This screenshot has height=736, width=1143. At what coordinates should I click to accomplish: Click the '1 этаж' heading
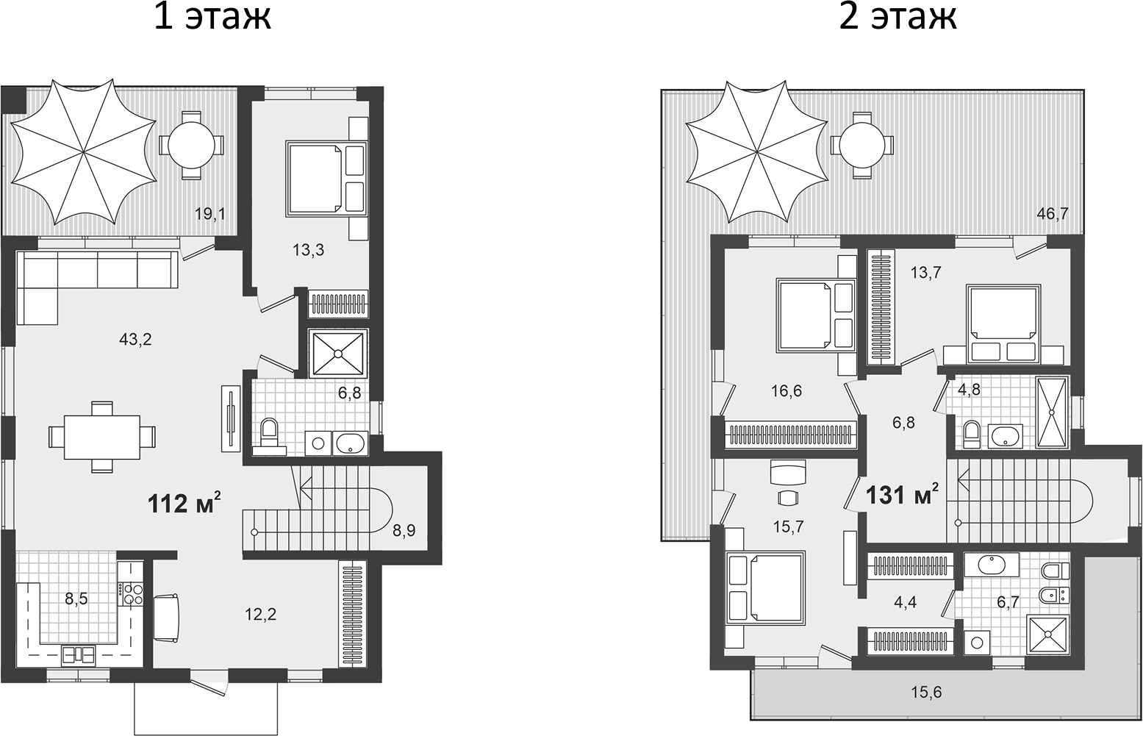point(212,18)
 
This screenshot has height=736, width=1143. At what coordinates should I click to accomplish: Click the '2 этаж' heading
point(898,18)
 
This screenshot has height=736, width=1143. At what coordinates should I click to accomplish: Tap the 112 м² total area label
point(184,503)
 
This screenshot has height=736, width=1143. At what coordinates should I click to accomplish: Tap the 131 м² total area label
point(903,494)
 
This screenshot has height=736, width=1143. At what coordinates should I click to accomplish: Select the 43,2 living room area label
point(136,340)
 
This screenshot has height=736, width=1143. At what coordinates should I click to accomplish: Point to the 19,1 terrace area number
point(209,214)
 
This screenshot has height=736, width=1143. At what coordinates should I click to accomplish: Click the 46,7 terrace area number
point(1053,214)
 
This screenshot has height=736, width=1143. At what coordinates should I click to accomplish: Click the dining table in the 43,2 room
point(102,437)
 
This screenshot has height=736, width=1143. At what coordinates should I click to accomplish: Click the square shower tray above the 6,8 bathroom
point(338,353)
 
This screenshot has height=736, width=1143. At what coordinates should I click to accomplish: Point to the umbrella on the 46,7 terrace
point(756,151)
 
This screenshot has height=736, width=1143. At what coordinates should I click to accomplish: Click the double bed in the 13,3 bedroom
point(327,178)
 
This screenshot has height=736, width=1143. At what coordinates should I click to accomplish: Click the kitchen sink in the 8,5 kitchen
point(78,655)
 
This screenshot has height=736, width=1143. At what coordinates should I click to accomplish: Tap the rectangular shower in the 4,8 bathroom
point(1051,412)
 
